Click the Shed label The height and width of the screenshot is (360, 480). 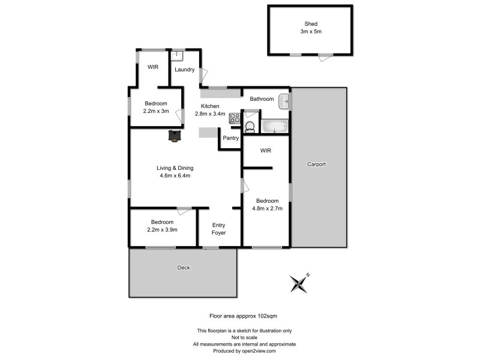310,24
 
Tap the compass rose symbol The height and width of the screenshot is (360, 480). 299,283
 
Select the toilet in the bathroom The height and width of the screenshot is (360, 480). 250,125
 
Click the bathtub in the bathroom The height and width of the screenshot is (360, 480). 275,126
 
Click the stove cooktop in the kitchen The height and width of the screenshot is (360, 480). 233,119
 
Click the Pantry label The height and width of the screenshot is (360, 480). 231,138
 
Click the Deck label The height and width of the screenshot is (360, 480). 183,268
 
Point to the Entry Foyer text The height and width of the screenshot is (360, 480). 219,229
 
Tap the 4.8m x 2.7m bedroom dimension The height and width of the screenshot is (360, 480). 267,209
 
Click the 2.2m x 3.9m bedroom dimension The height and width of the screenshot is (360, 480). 162,229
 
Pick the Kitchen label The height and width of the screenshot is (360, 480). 210,106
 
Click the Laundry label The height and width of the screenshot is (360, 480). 184,70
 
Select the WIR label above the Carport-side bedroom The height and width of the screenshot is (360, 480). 266,151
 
